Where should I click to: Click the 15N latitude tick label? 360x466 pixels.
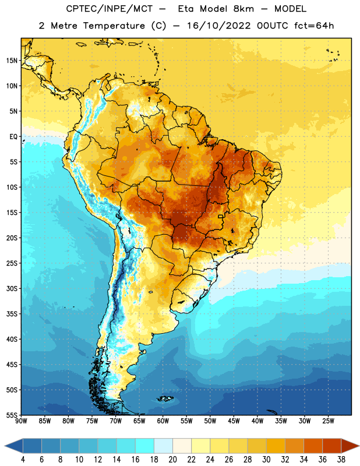coord(12,61)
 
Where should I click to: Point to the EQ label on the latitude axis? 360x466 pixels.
coord(13,137)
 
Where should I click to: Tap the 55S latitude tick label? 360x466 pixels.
coord(12,415)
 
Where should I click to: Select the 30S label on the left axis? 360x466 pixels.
coord(12,288)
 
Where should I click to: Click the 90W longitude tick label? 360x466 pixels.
coord(22,421)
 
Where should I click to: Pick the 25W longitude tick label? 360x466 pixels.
coord(328,421)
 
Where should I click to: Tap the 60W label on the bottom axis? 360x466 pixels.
coord(163,421)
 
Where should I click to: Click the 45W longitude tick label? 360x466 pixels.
coord(234,421)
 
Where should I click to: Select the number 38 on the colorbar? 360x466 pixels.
coord(341,460)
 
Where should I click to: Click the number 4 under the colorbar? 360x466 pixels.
coord(23,460)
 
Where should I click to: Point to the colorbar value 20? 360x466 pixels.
coord(172,460)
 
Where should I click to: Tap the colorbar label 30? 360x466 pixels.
coord(266,460)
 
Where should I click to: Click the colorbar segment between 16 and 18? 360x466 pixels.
coord(145,446)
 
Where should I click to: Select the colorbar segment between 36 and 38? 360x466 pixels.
coord(332,446)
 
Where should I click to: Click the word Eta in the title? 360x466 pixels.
coord(186,9)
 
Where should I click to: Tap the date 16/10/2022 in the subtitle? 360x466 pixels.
coord(219,26)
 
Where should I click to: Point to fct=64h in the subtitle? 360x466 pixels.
coord(314,26)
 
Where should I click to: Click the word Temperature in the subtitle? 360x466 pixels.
coord(114,26)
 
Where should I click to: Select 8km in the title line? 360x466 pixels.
coord(243,9)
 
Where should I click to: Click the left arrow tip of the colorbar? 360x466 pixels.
coord(5,446)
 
